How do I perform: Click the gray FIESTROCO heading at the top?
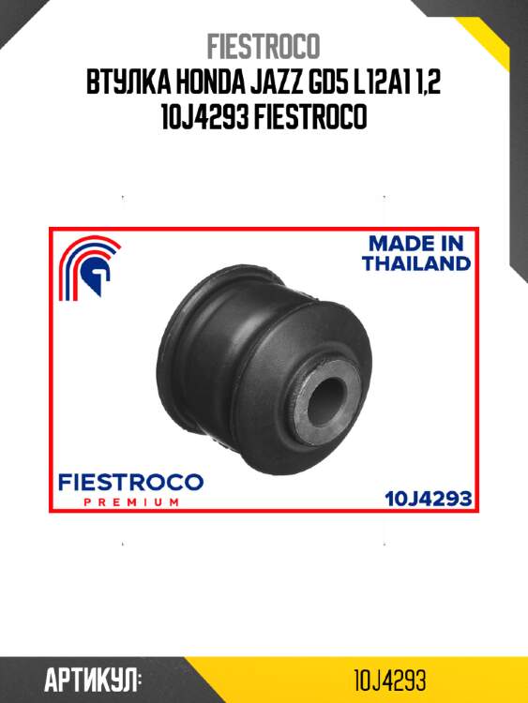pyautogui.click(x=264, y=46)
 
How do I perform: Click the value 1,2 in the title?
pyautogui.click(x=428, y=82)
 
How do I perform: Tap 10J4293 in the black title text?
pyautogui.click(x=204, y=117)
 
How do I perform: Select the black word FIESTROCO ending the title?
pyautogui.click(x=310, y=117)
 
